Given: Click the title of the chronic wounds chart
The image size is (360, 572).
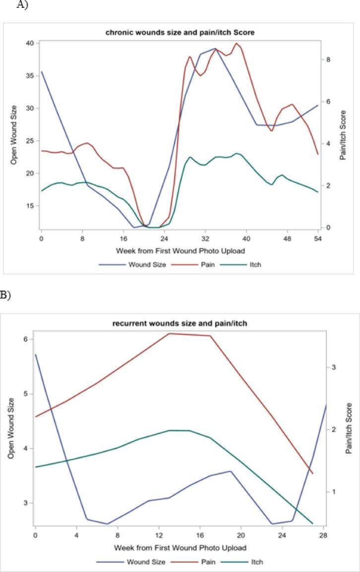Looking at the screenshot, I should tap(180, 33).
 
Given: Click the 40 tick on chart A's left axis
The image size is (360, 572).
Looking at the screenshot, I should tap(30, 43).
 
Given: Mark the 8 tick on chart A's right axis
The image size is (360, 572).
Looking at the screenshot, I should tap(328, 60).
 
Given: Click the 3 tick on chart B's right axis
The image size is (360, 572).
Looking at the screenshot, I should tap(334, 368).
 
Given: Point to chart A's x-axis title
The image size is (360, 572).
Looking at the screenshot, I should tap(180, 250).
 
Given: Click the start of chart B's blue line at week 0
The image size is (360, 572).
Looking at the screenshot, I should tap(35, 355).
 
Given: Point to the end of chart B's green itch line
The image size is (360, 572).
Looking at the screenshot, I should tap(312, 523).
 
